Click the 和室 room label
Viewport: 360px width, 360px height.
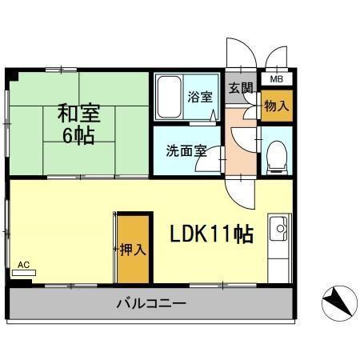(78, 112)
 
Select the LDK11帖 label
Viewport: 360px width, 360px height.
(210, 234)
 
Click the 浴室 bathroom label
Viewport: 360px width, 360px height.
(200, 98)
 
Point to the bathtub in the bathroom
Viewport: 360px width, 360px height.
(169, 95)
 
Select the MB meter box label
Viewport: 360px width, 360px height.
(276, 78)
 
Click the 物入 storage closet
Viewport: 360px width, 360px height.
(276, 106)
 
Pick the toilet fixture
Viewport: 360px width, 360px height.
(275, 154)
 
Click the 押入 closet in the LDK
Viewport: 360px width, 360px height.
(134, 248)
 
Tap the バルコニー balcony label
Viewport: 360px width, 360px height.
(151, 304)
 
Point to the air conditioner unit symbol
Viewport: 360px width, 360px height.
(24, 272)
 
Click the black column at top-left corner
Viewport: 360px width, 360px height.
(12, 76)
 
